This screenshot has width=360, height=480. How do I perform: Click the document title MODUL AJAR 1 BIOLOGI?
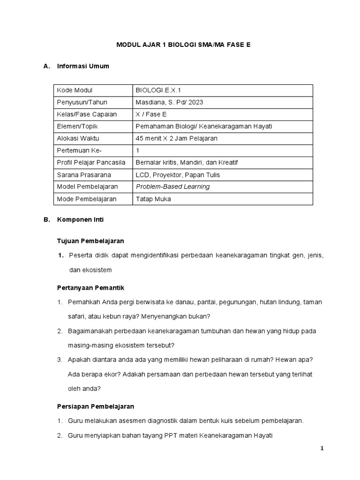[x=180, y=45]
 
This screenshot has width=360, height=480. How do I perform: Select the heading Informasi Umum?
[x=83, y=66]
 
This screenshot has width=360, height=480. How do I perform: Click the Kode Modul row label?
[x=75, y=90]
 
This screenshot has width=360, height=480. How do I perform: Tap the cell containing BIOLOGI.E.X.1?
[x=157, y=90]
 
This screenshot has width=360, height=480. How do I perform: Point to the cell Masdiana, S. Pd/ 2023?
[x=169, y=102]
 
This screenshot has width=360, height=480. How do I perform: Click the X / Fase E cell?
[x=151, y=114]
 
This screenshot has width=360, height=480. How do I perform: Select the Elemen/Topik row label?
[x=77, y=127]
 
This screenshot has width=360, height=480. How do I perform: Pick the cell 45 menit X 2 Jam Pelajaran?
[x=176, y=138]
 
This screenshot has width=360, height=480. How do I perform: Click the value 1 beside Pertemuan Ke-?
[x=137, y=150]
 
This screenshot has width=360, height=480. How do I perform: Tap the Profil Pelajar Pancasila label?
[x=91, y=163]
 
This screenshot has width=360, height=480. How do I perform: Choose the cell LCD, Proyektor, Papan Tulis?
[x=178, y=175]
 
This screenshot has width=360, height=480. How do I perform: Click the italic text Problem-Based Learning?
[x=172, y=187]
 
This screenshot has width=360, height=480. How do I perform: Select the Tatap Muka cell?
[x=153, y=199]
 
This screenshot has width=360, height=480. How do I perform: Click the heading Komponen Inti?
[x=80, y=219]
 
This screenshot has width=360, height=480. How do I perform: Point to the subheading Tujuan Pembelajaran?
[x=90, y=241]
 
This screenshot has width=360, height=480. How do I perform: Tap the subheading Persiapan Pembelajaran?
[x=96, y=406]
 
